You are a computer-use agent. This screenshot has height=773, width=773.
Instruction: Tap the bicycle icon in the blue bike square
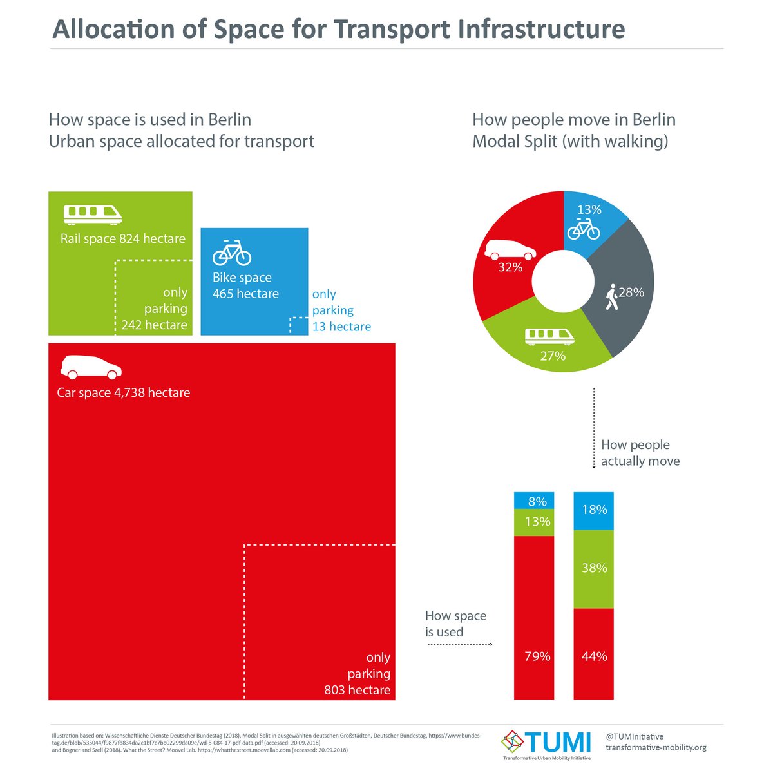point(232,253)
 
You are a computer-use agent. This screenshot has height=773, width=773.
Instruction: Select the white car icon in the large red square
point(91,367)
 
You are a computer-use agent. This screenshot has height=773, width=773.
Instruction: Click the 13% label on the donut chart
point(589,209)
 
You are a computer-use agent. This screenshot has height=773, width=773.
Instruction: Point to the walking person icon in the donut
point(611,298)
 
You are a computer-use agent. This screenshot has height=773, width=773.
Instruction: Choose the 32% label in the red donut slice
point(510,267)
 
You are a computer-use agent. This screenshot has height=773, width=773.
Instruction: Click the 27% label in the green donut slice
point(553,356)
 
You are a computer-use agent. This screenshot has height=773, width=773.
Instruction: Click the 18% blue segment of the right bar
point(593,510)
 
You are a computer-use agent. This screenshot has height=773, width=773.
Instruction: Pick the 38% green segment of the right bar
point(593,568)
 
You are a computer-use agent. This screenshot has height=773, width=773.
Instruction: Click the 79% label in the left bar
point(537,656)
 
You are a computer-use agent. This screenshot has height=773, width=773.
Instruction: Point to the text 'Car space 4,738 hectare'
point(123,392)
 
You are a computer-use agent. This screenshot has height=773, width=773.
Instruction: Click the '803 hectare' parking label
point(357,690)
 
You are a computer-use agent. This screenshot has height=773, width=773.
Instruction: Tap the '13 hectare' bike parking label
point(341,327)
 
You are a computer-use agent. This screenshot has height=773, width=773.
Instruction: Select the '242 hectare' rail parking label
point(154,325)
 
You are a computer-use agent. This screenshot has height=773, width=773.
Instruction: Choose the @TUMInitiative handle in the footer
point(635,736)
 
